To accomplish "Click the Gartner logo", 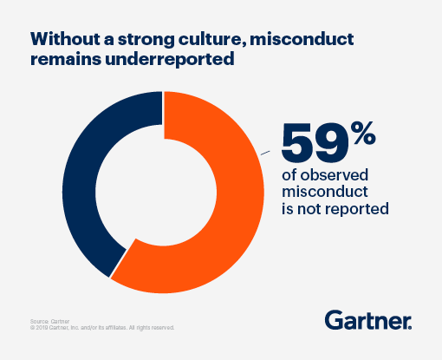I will click(x=368, y=320).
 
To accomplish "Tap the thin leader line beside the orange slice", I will click(x=268, y=154).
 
